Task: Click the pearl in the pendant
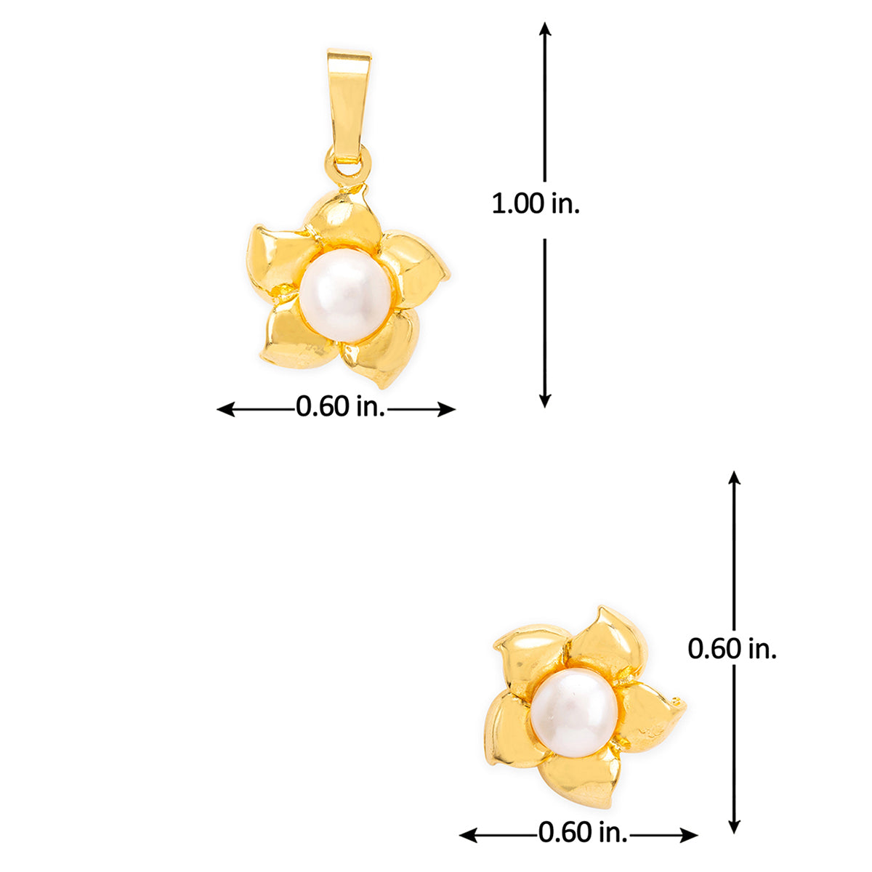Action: [346, 294]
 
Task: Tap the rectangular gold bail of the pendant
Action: [349, 107]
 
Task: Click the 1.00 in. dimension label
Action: [536, 204]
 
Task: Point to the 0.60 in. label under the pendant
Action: [341, 406]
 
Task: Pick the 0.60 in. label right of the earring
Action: [732, 649]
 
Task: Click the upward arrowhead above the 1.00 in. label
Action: [545, 29]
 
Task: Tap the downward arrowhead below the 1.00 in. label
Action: [545, 400]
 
